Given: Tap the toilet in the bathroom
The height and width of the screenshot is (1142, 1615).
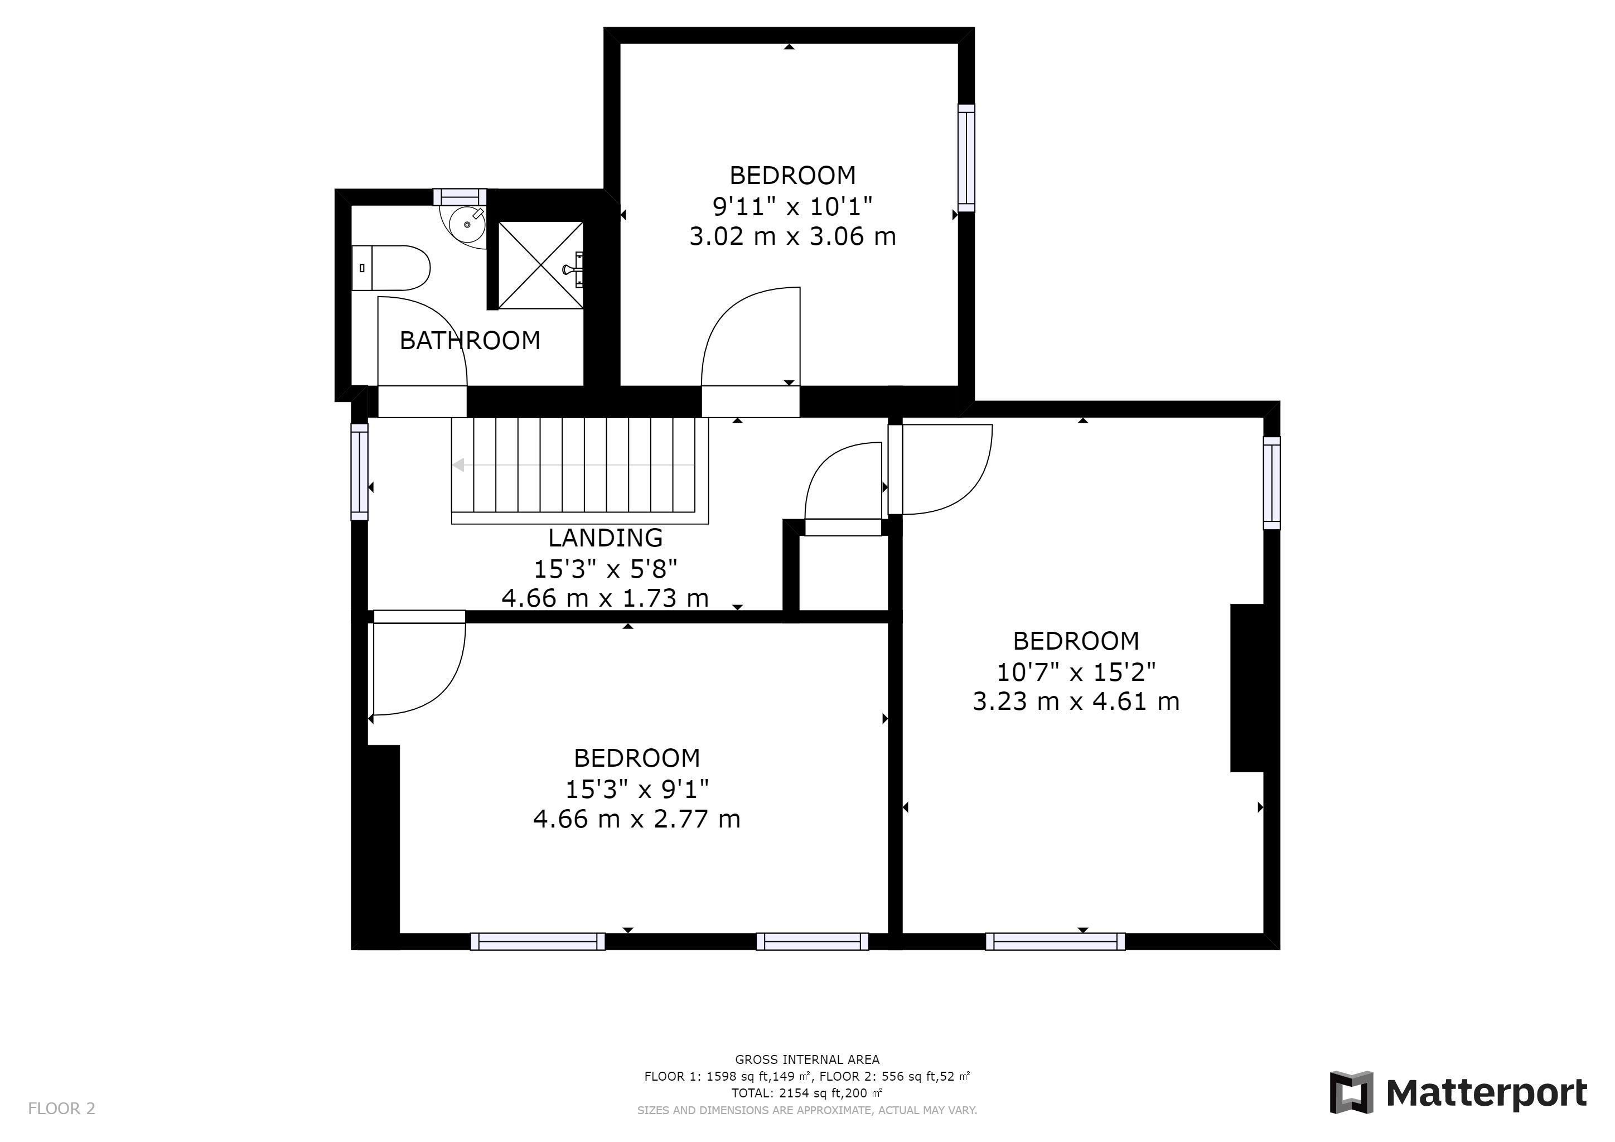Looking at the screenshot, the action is [x=390, y=268].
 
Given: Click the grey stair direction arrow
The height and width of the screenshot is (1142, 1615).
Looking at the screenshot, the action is [x=573, y=465].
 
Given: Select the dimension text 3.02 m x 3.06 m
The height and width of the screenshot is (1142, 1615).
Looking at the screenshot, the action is [x=793, y=236].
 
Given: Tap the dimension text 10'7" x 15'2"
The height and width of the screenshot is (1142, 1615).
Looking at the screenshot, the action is [x=1076, y=672].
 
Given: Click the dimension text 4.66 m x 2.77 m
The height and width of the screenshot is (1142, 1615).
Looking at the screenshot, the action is [x=636, y=819].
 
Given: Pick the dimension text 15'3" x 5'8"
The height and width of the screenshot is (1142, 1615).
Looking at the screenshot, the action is [x=605, y=568].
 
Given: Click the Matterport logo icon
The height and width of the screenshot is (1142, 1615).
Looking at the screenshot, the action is [x=1351, y=1092].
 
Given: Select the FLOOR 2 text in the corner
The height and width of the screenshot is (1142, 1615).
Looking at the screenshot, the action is [x=61, y=1108].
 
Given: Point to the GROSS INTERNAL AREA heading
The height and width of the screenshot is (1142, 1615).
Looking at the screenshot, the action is [x=807, y=1059].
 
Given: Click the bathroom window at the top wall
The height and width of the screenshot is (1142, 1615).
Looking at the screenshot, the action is [x=460, y=196].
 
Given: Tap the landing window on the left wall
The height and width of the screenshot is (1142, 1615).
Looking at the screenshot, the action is [x=360, y=472].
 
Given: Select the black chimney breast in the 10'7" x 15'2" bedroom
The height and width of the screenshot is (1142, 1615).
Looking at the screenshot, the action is [x=1247, y=688].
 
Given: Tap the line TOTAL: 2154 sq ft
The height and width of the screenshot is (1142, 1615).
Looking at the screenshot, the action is [x=807, y=1093].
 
